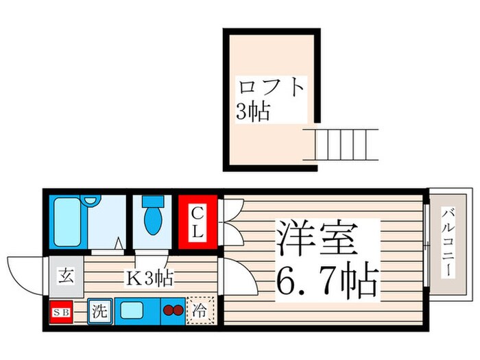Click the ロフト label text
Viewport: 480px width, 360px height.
(x=270, y=89)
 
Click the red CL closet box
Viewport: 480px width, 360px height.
(x=197, y=223)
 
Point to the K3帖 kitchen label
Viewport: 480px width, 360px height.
(x=147, y=278)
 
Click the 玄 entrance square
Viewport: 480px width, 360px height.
(x=65, y=277)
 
